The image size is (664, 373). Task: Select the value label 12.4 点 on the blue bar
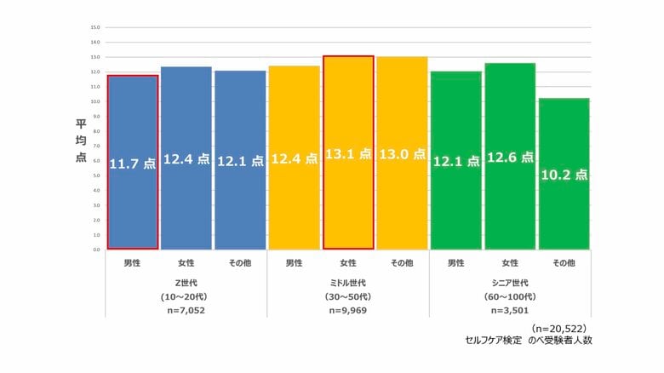186,158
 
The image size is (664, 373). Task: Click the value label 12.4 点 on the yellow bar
295,158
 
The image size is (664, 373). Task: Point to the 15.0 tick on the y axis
95,27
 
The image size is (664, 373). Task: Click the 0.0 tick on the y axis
95,250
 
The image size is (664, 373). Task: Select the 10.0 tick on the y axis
95,101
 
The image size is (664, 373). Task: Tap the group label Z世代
186,283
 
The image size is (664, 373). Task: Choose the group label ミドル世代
347,283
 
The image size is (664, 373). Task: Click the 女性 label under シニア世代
510,263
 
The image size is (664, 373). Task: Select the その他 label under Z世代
239,263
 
